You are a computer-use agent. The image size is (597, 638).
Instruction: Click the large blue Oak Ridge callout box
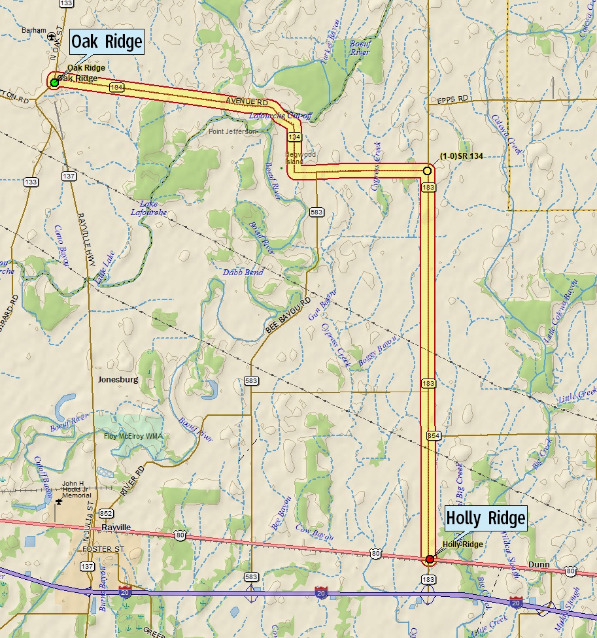click(x=106, y=42)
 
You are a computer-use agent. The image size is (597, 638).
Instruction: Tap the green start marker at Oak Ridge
click(x=54, y=82)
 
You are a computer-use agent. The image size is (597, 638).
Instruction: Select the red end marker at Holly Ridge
click(x=430, y=560)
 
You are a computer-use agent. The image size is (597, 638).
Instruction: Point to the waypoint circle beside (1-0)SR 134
click(x=427, y=171)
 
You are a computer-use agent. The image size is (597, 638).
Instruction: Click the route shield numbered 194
click(x=117, y=87)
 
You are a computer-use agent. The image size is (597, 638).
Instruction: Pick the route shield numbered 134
click(x=294, y=137)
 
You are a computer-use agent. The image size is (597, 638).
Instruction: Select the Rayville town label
click(x=116, y=527)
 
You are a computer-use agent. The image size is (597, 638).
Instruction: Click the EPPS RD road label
click(x=453, y=99)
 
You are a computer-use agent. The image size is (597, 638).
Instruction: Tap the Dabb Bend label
click(x=245, y=273)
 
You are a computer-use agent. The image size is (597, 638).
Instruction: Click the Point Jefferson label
click(x=232, y=131)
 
